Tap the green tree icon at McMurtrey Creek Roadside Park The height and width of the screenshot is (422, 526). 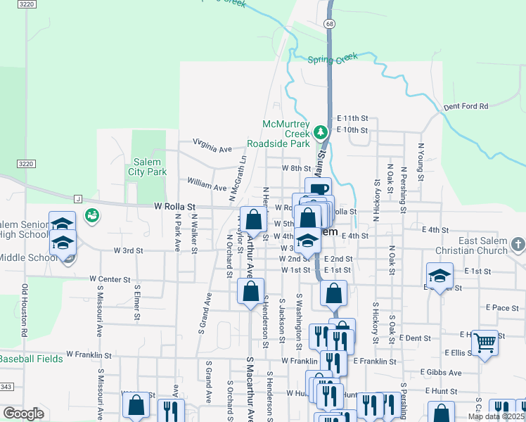tap(321, 132)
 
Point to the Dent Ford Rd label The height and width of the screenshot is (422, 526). tap(466, 107)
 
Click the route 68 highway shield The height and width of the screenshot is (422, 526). tap(330, 24)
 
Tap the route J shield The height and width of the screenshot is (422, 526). tap(78, 199)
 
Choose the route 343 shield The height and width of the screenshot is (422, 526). tap(6, 387)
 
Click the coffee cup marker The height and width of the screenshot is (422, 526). tap(318, 188)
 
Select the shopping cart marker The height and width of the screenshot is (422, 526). tap(485, 343)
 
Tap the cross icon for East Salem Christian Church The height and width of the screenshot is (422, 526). tap(518, 244)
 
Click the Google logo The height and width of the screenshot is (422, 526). tap(23, 414)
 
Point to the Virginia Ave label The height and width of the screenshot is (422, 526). tap(212, 146)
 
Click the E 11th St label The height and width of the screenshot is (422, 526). tap(352, 118)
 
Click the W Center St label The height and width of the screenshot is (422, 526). tap(110, 279)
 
